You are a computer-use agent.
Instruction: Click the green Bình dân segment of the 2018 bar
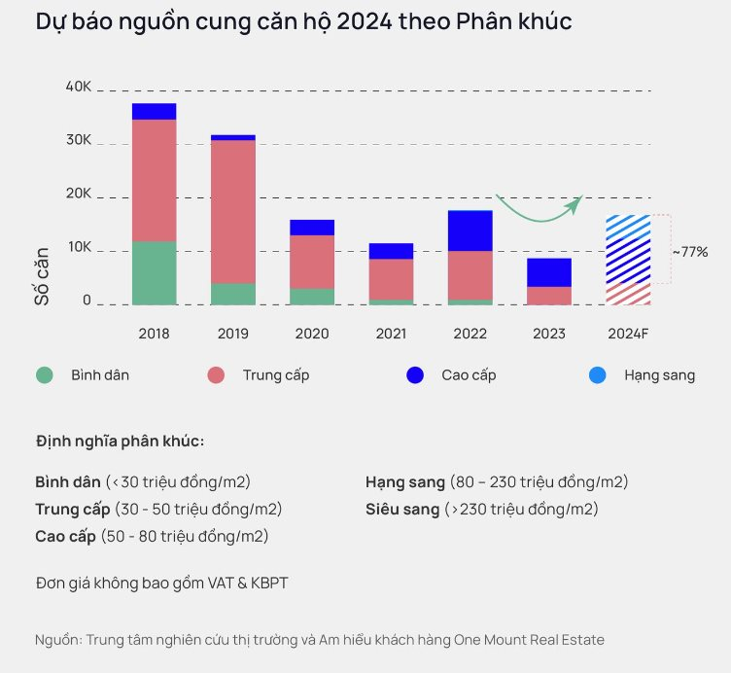pos(154,273)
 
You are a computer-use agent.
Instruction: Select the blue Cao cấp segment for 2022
pos(470,230)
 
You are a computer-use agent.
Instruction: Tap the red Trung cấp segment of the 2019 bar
pos(233,212)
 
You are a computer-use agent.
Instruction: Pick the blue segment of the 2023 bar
pos(549,272)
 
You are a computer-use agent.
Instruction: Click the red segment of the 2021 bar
pos(391,279)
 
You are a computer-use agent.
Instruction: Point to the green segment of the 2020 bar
pos(312,297)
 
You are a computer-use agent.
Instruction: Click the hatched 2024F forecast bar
pos(628,260)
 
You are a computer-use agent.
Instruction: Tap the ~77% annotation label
pos(690,252)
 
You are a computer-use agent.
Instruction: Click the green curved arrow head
pos(576,203)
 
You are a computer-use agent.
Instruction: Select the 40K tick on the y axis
pos(79,87)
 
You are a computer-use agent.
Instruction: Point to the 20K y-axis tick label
pos(79,194)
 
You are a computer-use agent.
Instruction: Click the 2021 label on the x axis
pos(391,334)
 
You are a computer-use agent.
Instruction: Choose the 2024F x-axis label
pos(628,334)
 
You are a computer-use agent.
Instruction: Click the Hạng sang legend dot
pos(597,375)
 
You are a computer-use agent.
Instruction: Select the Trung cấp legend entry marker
pos(216,375)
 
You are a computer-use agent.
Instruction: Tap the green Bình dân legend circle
pos(45,375)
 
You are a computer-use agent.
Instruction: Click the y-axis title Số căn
pos(42,276)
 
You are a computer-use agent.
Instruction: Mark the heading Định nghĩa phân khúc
pos(120,442)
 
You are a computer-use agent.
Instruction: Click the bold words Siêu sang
pos(402,510)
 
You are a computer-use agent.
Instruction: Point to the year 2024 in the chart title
pos(365,21)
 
